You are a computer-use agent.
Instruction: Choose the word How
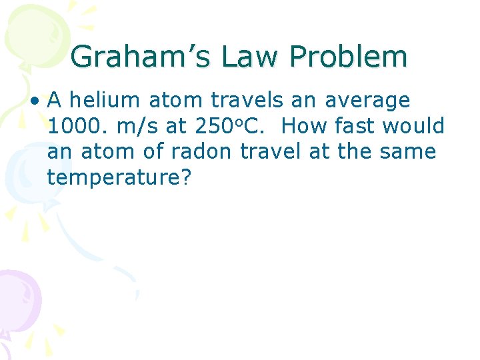(307, 126)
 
